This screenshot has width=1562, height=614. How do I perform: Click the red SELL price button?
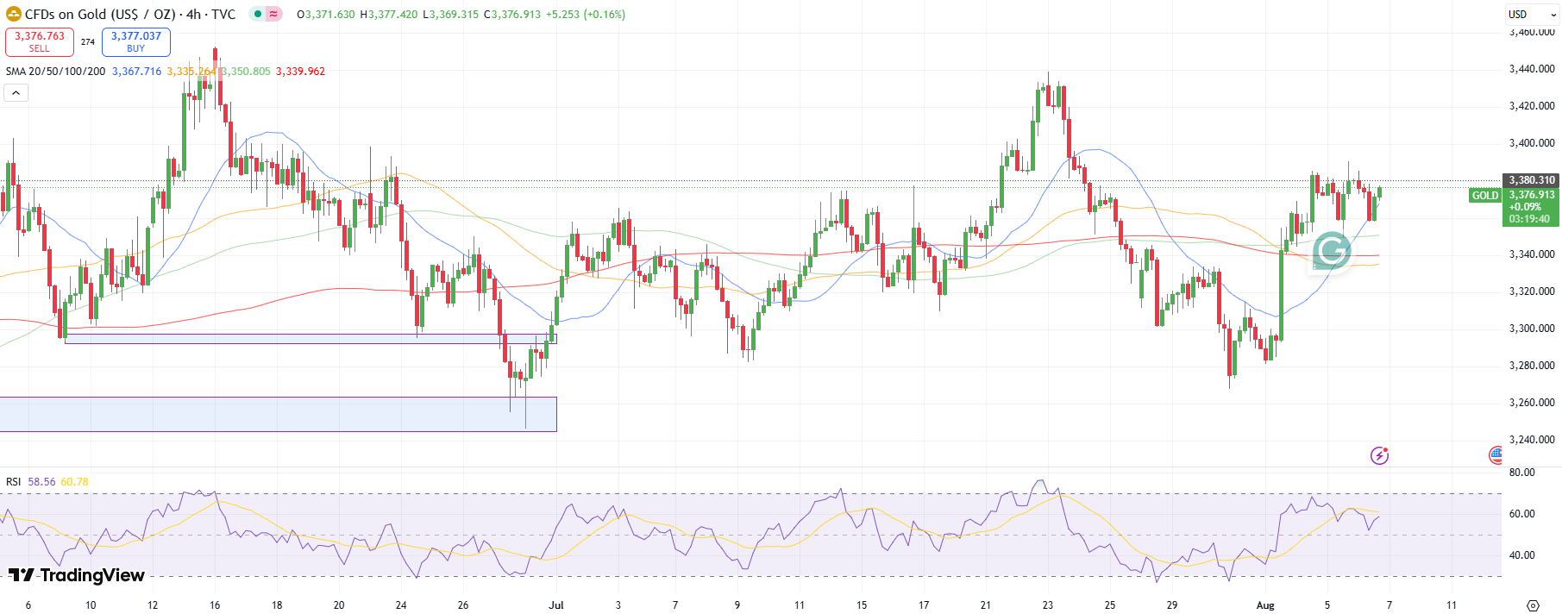40,41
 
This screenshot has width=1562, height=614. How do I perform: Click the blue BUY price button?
136,41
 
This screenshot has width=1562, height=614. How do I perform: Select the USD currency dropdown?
1533,15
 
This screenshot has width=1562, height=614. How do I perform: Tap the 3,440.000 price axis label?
1532,69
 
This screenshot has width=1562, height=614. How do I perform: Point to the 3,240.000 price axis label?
1532,440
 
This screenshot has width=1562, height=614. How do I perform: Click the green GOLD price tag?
1485,196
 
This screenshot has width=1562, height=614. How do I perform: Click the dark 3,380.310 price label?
1532,180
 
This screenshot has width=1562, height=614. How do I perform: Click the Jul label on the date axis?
556,605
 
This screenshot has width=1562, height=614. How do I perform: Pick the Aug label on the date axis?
1265,605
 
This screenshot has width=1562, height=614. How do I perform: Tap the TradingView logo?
77,575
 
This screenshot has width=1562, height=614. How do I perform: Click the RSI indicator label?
13,482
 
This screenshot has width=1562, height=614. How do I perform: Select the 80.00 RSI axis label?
1522,473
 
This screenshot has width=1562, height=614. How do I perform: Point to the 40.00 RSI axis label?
1522,555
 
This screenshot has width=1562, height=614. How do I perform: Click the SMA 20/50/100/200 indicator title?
55,72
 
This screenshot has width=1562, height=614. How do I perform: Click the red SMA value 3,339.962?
300,72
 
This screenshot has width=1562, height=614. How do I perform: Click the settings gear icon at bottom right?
1533,605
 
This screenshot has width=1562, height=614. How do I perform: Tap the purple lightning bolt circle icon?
1379,455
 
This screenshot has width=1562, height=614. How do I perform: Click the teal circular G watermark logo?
1332,251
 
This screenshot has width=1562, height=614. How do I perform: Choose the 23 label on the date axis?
1048,605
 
